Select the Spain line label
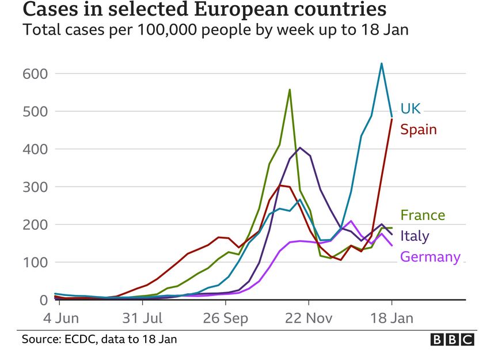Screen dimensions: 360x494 419,129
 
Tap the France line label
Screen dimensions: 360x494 423,215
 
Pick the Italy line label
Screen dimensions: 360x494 415,236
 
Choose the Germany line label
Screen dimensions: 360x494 430,257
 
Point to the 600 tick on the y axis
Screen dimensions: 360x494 35,74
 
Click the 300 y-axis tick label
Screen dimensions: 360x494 35,187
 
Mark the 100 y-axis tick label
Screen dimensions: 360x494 35,263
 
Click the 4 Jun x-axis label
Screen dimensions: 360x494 59,318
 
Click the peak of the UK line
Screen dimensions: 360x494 381,63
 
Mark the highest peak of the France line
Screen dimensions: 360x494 290,89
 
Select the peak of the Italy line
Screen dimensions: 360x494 300,147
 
